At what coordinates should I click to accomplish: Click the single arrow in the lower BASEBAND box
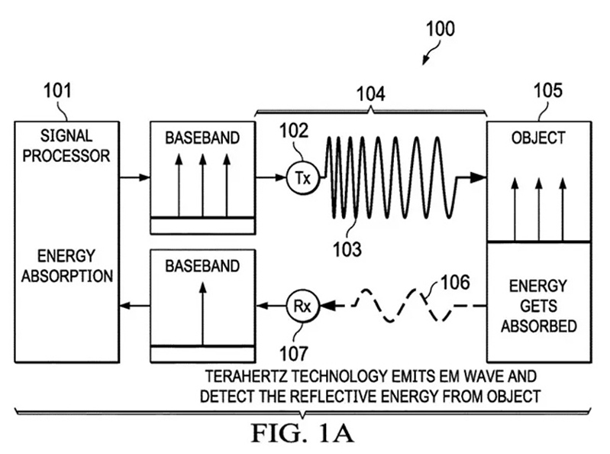[202, 313]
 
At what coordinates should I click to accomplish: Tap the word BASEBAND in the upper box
[202, 138]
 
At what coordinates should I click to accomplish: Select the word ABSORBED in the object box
[539, 326]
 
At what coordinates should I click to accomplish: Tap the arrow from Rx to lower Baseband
[271, 306]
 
